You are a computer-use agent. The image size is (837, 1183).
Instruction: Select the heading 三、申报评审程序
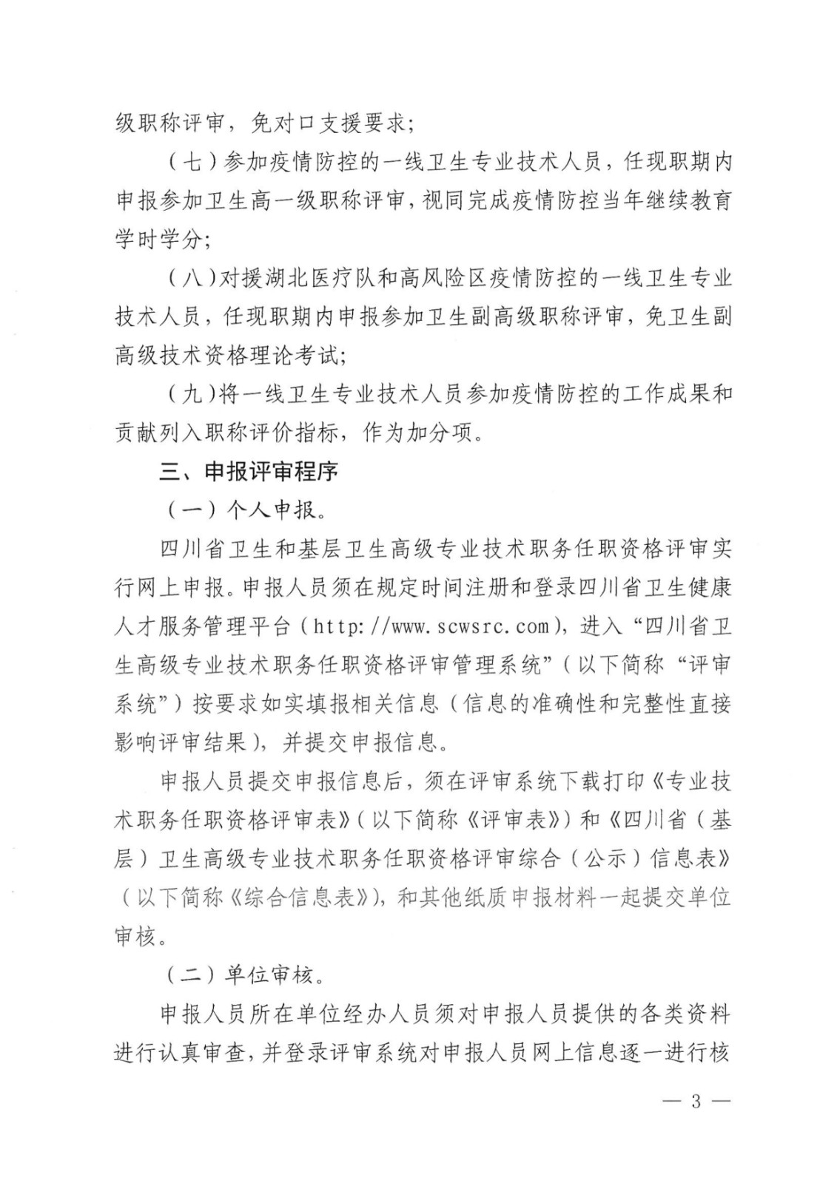[x=249, y=471]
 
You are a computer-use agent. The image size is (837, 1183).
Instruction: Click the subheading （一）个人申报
[x=244, y=510]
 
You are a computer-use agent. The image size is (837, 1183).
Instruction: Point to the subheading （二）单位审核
[x=244, y=976]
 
